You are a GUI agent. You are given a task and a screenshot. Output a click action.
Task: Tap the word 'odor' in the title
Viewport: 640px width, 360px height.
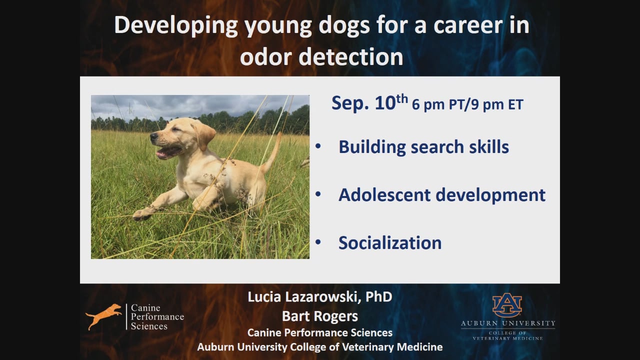point(266,57)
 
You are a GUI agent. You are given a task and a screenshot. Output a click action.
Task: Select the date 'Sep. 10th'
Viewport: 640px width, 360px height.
point(369,102)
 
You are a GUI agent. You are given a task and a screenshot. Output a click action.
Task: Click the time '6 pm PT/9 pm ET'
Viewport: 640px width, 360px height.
point(467,104)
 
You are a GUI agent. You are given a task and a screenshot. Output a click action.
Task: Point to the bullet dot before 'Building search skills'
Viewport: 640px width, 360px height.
point(318,146)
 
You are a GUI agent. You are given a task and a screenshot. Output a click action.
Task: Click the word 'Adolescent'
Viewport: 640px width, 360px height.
point(384,195)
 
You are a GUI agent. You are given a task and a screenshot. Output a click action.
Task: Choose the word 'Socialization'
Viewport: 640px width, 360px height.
point(390,243)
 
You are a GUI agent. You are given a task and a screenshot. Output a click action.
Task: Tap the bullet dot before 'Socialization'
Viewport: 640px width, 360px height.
point(318,242)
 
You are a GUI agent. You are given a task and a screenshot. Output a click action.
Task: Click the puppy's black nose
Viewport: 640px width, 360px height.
point(154,135)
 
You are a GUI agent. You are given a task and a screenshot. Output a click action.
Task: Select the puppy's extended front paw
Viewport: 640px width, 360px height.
point(142,214)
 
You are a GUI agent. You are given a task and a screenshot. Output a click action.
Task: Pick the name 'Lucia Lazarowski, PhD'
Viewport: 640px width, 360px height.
point(319,297)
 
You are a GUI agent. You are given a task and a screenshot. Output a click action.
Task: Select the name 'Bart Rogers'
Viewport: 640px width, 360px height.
point(319,316)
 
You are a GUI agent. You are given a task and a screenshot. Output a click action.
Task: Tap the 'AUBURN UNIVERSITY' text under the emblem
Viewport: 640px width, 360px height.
point(508,323)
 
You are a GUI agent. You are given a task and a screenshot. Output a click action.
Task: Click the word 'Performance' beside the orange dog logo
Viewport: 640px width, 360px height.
point(157,317)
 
